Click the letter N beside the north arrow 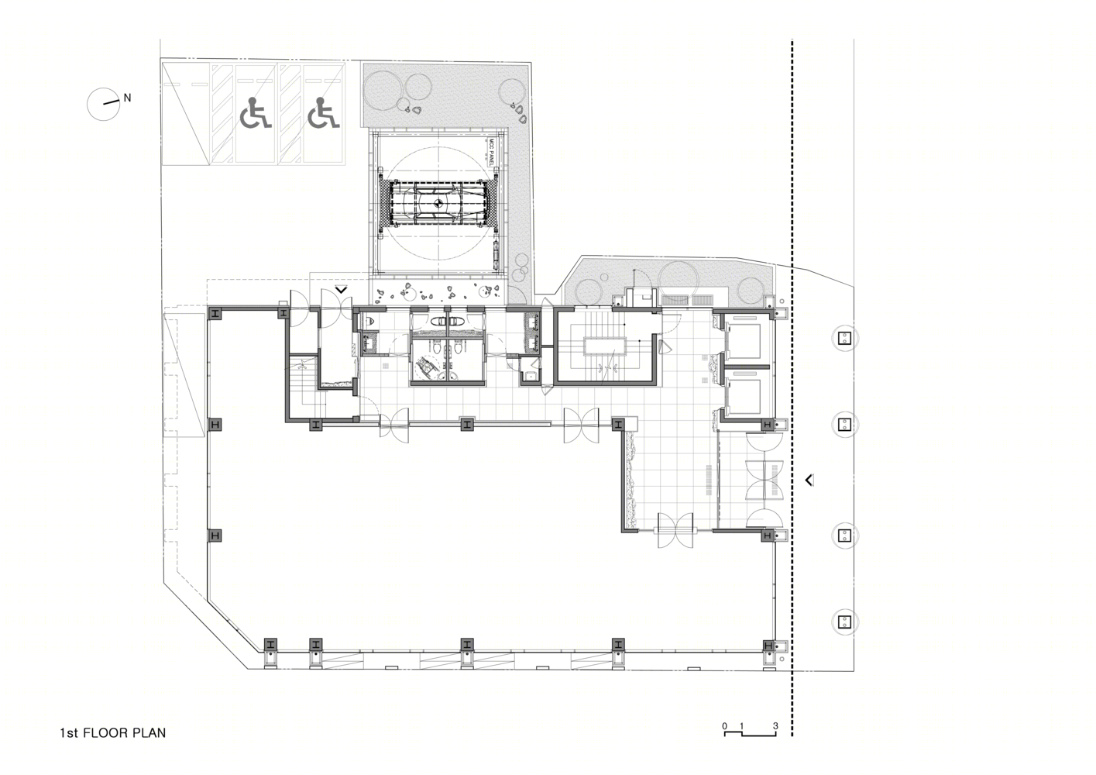127,98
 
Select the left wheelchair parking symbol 255,113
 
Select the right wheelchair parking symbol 324,113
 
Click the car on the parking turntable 438,204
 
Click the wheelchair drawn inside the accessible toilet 424,367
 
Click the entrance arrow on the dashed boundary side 809,480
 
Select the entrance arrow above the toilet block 341,289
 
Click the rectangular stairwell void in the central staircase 605,346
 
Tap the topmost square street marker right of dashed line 844,338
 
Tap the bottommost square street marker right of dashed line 844,622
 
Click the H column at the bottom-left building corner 270,644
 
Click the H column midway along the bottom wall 467,644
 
